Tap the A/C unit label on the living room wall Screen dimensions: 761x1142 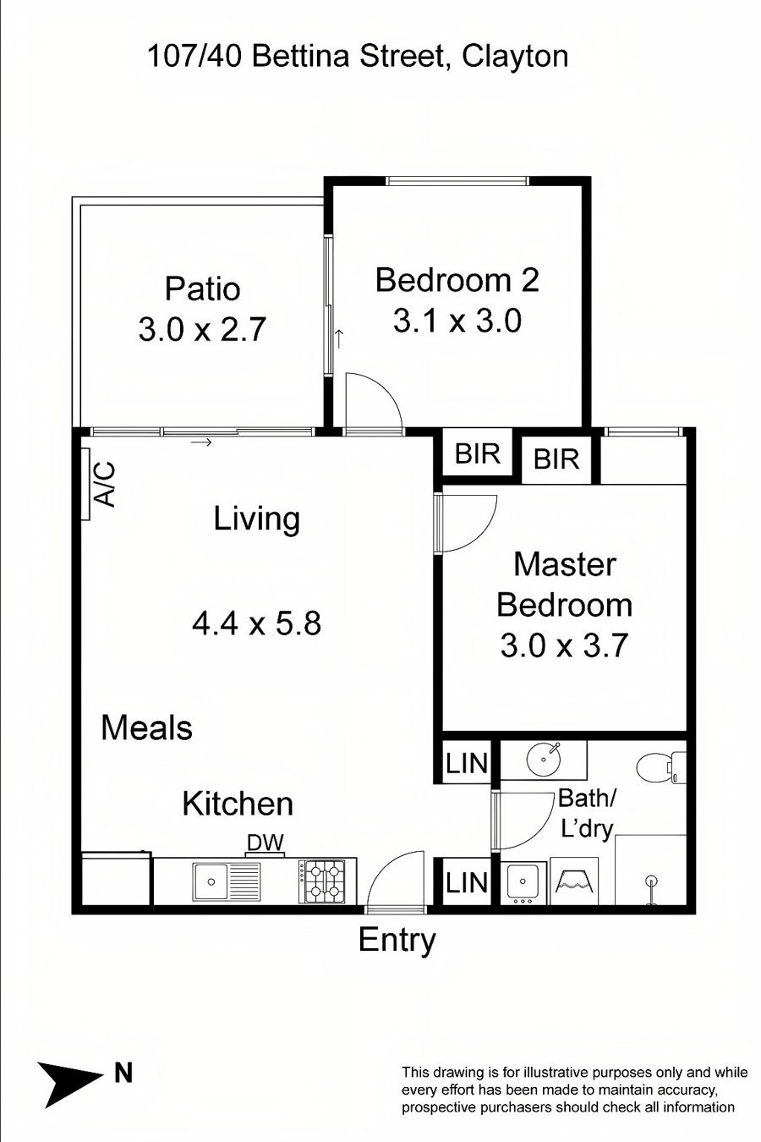pos(106,485)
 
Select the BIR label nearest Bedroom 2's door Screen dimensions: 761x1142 pos(477,453)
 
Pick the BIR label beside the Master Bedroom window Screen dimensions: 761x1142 pos(556,458)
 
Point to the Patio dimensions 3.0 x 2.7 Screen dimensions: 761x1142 pos(202,329)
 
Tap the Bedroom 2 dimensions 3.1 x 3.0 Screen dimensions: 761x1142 pos(457,321)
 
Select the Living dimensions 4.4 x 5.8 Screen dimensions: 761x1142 pos(256,623)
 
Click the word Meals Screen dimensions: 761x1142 pos(147,727)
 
